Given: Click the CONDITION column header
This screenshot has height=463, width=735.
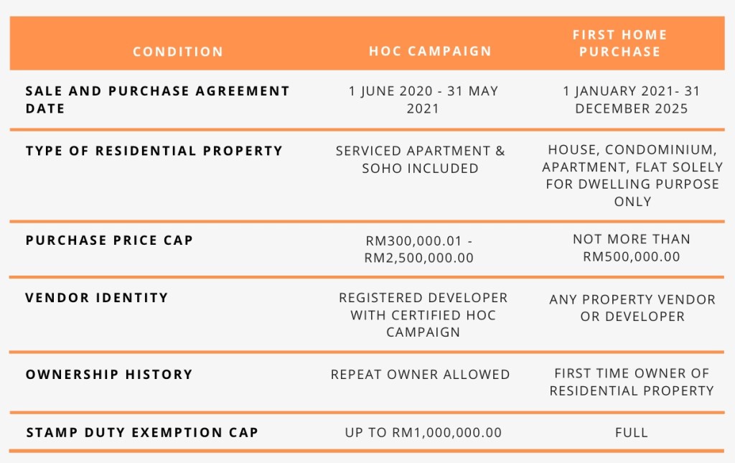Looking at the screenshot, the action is coord(178,52).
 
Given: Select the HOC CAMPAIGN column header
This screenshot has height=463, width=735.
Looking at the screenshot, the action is coord(430,51).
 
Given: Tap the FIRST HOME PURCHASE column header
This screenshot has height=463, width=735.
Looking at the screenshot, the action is coord(619,43).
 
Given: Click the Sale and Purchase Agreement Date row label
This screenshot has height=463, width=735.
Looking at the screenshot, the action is coord(157,99).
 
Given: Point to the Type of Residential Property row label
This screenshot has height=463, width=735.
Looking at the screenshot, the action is coord(154,151).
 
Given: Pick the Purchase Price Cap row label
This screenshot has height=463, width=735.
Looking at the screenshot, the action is coord(109,240).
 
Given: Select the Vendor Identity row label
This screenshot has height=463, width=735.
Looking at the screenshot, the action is coord(97,298).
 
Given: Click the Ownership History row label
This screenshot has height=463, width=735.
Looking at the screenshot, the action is coord(109,375).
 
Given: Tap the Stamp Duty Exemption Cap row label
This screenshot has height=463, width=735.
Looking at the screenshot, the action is coord(142,432).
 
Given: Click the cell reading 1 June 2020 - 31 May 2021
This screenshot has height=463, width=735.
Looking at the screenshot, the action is coord(423,100).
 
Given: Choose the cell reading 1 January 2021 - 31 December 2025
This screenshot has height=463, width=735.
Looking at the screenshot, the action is coord(632,100).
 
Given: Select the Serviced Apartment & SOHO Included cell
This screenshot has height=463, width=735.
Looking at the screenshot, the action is coord(420,159).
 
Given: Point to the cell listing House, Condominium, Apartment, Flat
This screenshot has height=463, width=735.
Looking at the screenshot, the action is coord(632,176).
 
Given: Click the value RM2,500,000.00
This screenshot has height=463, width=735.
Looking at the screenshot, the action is coord(418,258).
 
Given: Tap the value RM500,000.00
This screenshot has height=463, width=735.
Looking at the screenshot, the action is coord(632,257).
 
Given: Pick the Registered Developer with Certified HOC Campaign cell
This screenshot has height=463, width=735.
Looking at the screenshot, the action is coord(423,315).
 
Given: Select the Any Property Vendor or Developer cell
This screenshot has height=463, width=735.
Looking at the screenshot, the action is coord(632,308).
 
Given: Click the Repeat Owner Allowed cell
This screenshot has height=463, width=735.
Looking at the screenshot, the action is coord(420,375).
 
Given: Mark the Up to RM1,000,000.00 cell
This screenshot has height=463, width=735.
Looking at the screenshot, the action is coord(423,433).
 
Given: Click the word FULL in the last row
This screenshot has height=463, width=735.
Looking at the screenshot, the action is coord(632,433).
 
